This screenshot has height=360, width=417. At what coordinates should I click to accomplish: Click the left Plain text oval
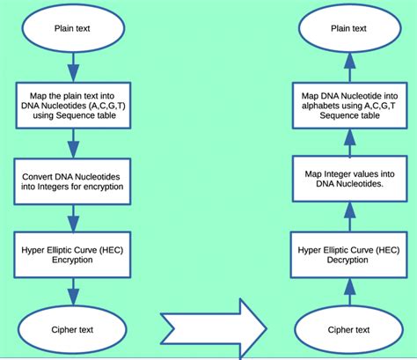(75, 28)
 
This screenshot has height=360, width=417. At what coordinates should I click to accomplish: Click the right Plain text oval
(348, 28)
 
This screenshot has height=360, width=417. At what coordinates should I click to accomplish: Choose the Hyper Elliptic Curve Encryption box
(75, 254)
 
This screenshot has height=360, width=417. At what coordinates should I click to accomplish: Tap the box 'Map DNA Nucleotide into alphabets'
(348, 104)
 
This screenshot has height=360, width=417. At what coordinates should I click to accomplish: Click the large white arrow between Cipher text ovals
(211, 327)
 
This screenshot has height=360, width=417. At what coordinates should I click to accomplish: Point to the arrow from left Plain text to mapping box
(75, 67)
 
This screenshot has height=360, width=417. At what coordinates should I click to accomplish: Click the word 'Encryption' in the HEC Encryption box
(75, 261)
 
